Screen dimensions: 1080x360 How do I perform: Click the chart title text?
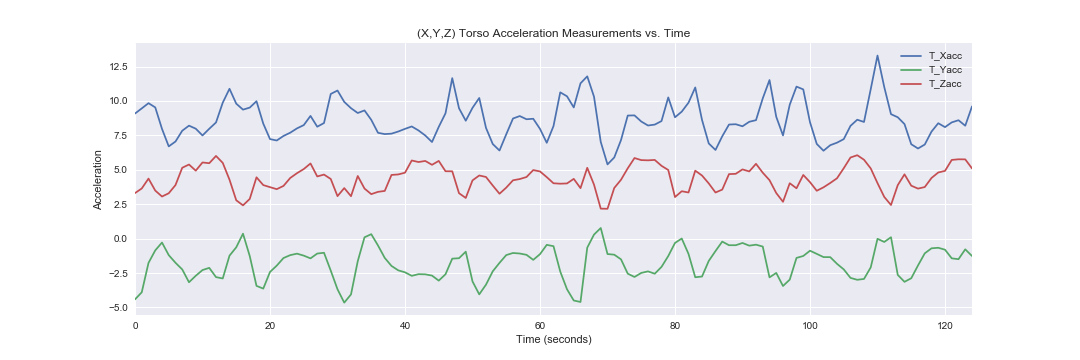tap(553, 33)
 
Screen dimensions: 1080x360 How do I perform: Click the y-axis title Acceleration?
tap(98, 180)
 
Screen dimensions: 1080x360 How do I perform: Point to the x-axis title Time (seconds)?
tap(554, 339)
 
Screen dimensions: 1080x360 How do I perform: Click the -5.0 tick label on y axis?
tap(117, 308)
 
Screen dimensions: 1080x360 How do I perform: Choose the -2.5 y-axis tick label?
tap(117, 273)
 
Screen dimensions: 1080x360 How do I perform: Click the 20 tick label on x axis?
tap(270, 324)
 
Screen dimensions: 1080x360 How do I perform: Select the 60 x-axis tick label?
tap(540, 324)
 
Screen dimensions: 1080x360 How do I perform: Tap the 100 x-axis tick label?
tap(811, 324)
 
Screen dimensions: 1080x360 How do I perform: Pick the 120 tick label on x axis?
tap(946, 324)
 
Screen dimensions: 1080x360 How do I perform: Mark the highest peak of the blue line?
tap(878, 56)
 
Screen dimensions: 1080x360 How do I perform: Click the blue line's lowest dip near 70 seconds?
tap(608, 164)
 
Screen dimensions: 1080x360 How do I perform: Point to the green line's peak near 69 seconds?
tap(601, 228)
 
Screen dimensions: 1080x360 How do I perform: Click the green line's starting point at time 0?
tap(136, 299)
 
